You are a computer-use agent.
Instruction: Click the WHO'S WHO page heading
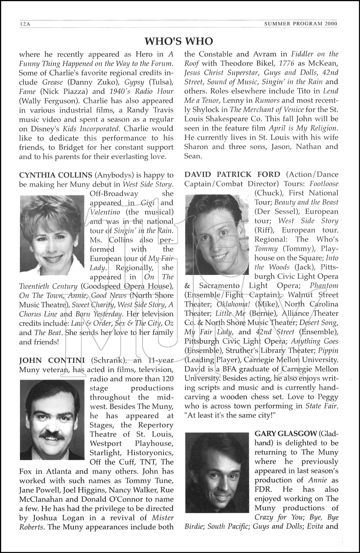pos(179,41)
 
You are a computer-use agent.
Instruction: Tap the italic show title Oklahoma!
pos(234,304)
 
